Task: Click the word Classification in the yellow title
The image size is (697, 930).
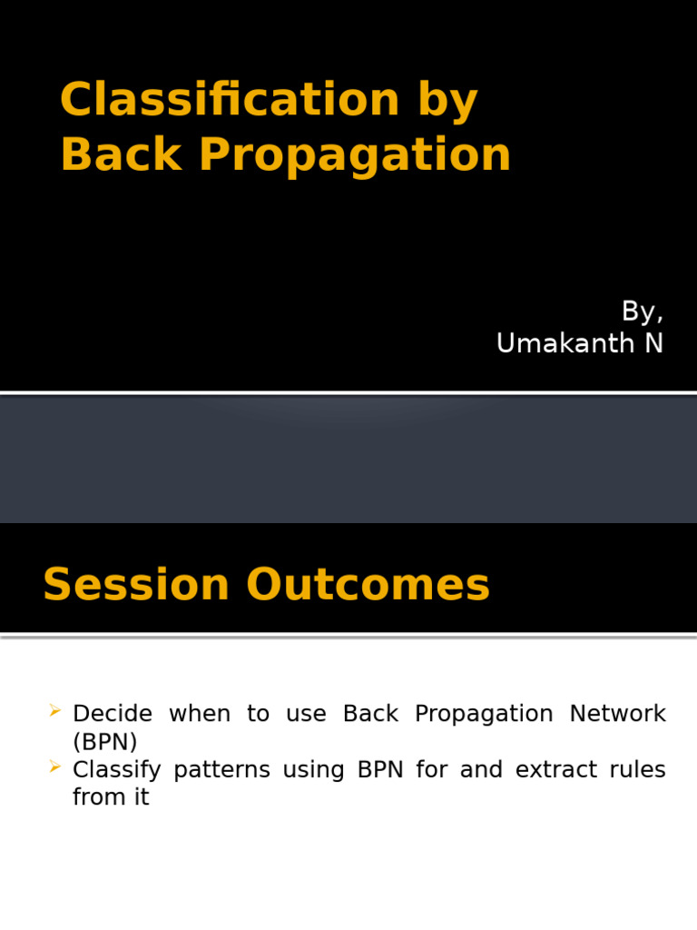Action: coord(230,100)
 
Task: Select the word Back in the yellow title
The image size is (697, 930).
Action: coord(122,154)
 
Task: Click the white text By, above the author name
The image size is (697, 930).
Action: coord(642,312)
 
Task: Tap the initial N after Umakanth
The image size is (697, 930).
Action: coord(653,344)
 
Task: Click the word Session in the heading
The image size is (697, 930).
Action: coord(135,585)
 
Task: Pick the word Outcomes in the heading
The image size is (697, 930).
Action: coord(368,585)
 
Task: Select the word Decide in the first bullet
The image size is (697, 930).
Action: coord(113,714)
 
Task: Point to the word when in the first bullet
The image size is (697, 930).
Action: coord(194,714)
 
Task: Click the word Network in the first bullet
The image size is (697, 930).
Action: coord(617,714)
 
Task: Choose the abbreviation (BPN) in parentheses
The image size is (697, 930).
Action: coord(105,742)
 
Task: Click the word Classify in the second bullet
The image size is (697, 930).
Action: coord(117,771)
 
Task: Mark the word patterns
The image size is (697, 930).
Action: coord(221,771)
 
